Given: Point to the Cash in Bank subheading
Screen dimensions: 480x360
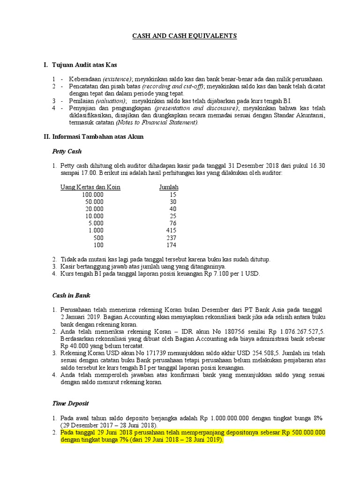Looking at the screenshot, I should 71,296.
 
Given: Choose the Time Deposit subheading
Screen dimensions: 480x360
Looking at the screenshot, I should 70,404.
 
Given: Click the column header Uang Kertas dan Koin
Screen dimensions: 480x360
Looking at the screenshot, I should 90,187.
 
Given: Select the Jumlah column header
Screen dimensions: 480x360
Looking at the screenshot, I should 169,187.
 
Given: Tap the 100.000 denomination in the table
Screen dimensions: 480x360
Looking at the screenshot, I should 93,195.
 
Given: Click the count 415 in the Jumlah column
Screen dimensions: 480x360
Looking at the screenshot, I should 171,231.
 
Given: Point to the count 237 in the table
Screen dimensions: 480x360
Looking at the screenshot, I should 171,238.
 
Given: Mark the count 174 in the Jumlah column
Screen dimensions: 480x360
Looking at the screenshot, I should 171,245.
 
